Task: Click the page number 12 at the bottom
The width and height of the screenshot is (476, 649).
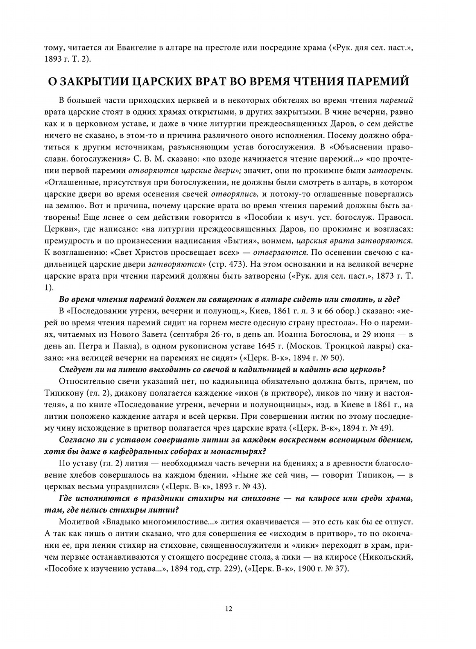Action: pos(228,609)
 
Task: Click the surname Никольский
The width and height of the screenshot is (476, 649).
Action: pos(388,557)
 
